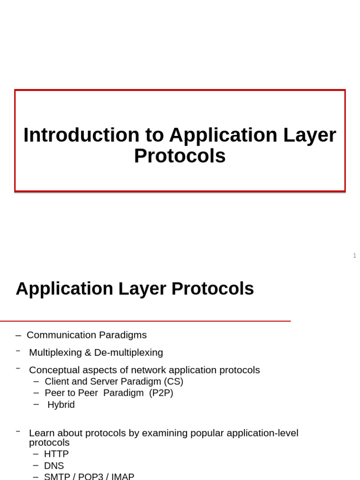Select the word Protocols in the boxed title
(180, 156)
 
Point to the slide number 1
(354, 255)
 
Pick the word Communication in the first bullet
(61, 335)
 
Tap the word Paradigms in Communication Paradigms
(123, 335)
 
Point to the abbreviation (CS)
(173, 382)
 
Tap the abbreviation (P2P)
(161, 393)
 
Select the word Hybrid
(61, 405)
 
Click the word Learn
(40, 433)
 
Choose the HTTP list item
(56, 454)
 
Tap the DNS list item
(54, 465)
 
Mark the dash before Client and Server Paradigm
(37, 382)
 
